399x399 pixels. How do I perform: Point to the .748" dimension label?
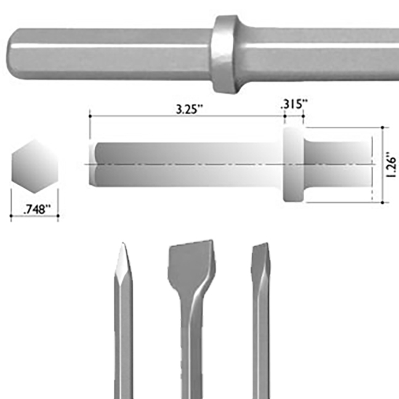[x=34, y=209]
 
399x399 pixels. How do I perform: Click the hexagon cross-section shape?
[x=34, y=166]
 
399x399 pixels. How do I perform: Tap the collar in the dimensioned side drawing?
[x=293, y=165]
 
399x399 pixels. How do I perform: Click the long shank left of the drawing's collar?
[x=185, y=165]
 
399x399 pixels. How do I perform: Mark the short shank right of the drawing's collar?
[x=339, y=165]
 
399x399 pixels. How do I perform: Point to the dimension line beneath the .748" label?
[x=34, y=216]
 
